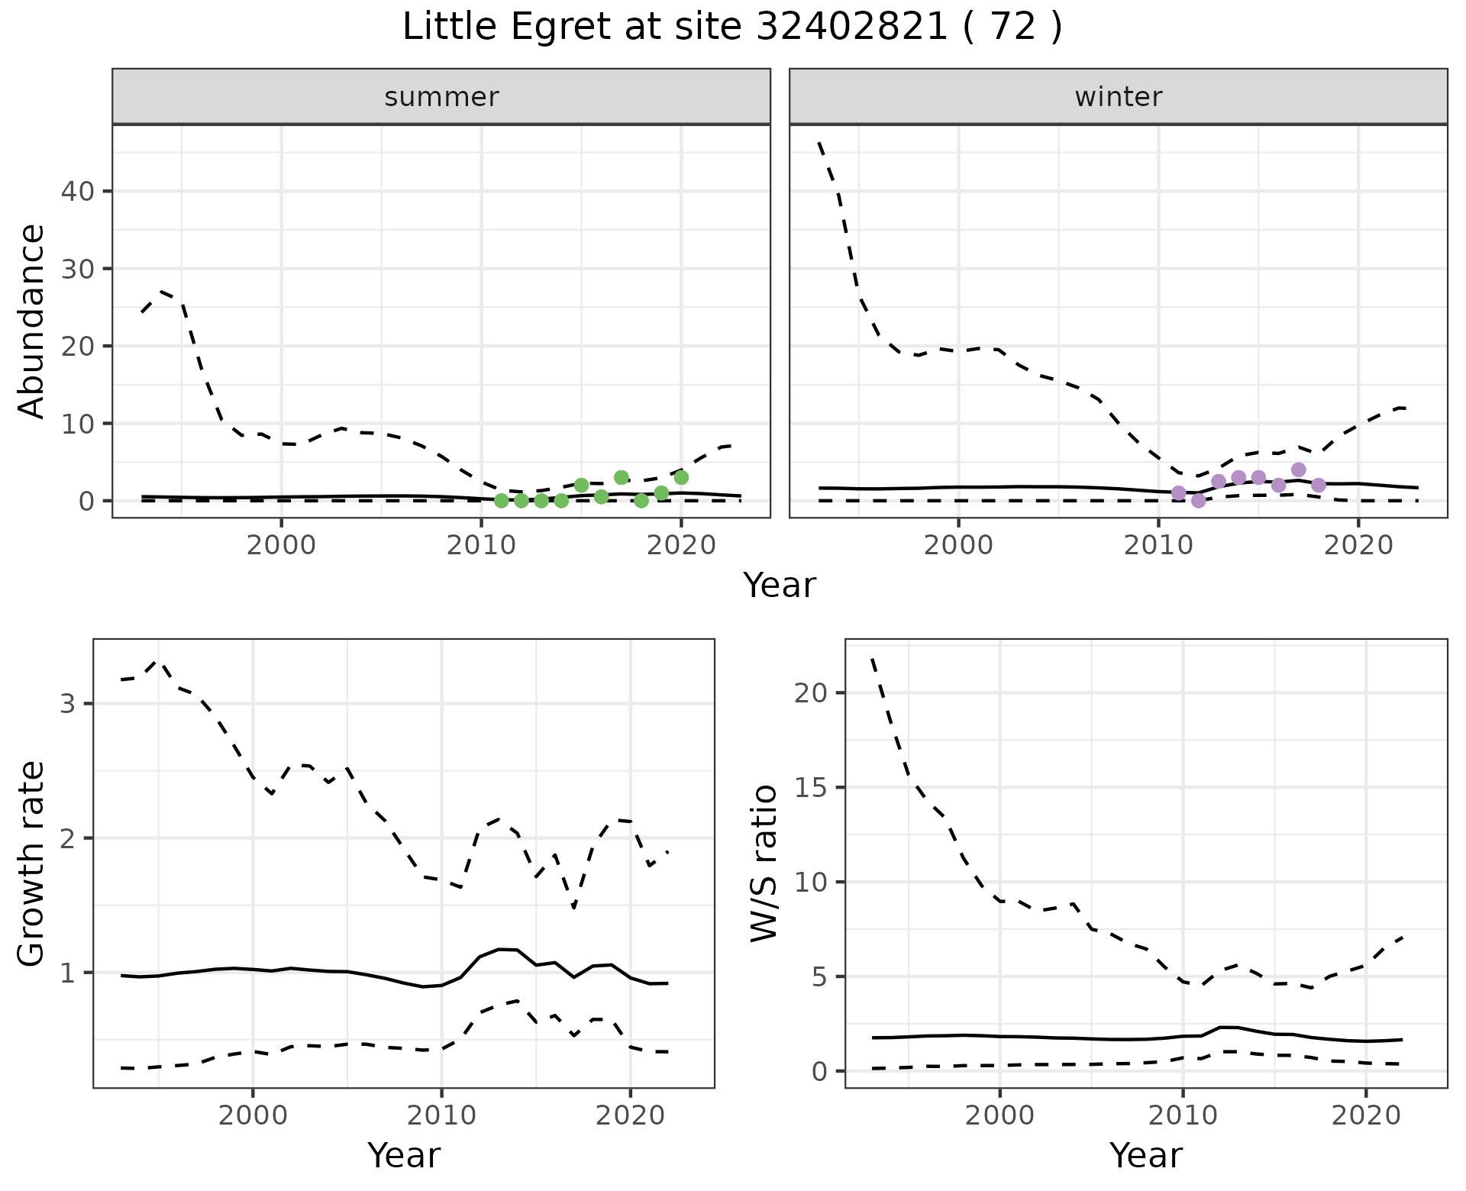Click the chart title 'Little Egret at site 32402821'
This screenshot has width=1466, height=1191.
[731, 28]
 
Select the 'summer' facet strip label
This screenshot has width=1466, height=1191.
[441, 97]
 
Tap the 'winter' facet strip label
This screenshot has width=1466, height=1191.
[1118, 97]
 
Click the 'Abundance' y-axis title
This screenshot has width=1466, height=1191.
[31, 321]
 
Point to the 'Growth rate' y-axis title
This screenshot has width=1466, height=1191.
[31, 863]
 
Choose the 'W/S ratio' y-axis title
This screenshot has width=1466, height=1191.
[764, 863]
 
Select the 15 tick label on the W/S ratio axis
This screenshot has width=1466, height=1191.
[811, 787]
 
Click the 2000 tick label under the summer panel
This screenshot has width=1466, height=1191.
[281, 546]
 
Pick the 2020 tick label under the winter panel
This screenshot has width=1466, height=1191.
[1358, 546]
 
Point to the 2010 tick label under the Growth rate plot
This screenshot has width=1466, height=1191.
[441, 1115]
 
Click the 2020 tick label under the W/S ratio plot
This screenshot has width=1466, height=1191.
[1365, 1115]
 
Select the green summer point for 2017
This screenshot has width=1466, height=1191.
[622, 477]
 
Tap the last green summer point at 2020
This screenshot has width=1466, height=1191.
[681, 477]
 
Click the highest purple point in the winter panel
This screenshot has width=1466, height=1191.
[1299, 470]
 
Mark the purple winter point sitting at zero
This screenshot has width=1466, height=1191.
[1199, 501]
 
